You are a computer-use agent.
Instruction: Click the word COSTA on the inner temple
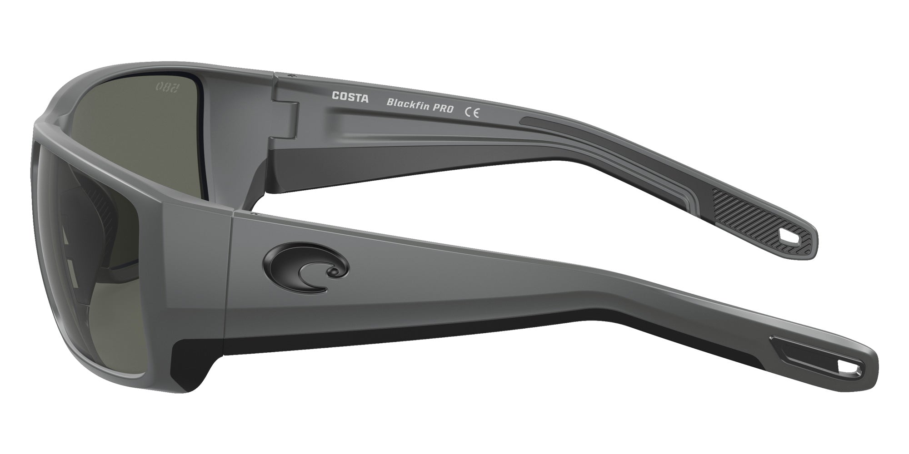pos(350,97)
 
